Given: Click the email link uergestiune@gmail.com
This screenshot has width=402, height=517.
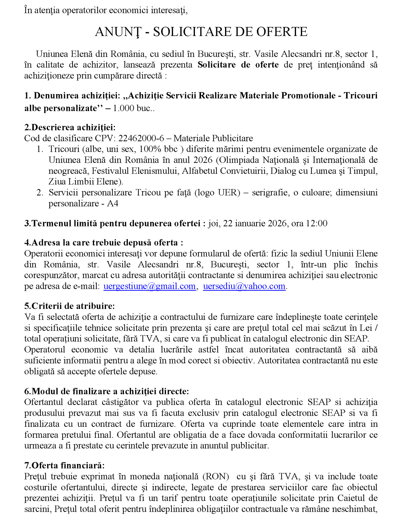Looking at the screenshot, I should (150, 286).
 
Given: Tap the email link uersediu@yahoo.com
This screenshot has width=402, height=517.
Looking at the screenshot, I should (244, 286).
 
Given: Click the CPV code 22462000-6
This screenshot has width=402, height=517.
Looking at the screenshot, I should (141, 138).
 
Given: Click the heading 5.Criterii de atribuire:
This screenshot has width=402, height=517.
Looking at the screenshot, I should (70, 306).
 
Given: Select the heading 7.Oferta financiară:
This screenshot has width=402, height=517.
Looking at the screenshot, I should (65, 465).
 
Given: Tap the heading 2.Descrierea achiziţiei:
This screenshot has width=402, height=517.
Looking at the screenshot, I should (70, 127).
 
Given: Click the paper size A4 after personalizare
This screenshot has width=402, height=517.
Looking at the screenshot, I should (113, 203).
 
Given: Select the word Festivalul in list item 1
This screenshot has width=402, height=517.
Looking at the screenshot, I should (110, 171).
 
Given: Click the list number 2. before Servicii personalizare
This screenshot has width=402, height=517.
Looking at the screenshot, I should (40, 193).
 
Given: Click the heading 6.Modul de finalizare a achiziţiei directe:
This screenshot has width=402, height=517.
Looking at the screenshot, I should (107, 391).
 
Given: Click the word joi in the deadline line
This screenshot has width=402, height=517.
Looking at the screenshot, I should (214, 223).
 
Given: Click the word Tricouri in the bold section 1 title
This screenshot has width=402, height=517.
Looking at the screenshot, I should (361, 96).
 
